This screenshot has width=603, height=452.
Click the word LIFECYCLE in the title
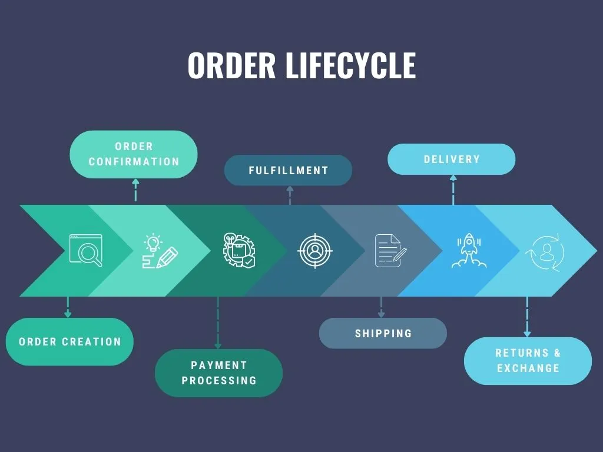[x=350, y=65]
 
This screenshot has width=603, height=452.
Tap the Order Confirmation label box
[x=134, y=154]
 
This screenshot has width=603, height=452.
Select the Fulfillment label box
[x=289, y=170]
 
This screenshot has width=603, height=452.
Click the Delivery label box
[x=452, y=159]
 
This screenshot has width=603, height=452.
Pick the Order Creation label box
[x=69, y=341]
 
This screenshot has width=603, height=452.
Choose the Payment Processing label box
[x=218, y=373]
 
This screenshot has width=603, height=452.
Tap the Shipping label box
[x=383, y=333]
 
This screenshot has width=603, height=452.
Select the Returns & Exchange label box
[x=528, y=361]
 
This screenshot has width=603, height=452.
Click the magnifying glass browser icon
[x=86, y=250]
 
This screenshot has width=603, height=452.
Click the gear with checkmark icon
[x=239, y=251]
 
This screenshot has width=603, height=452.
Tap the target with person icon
[x=315, y=251]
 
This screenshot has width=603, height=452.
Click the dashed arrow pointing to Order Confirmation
[x=135, y=190]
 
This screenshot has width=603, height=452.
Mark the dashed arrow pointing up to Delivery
[x=453, y=190]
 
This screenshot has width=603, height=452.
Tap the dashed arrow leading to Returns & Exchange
[x=527, y=317]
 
